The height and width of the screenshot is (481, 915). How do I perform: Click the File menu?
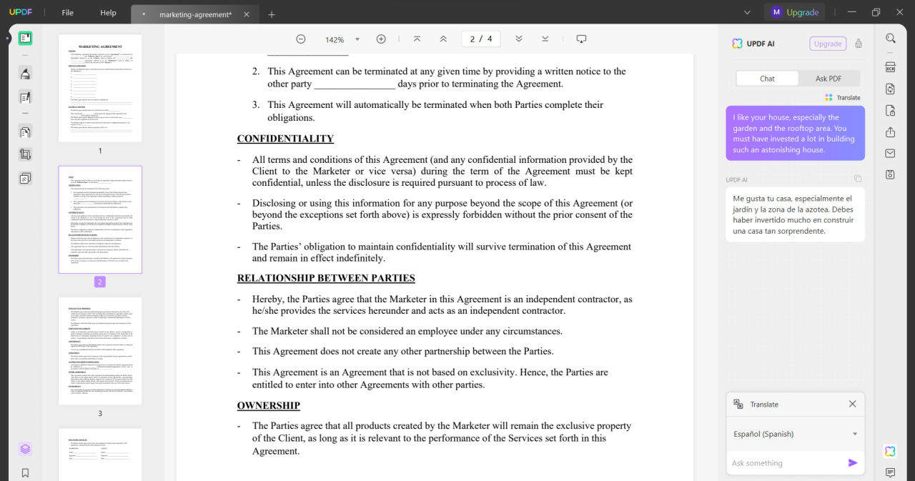pos(67,13)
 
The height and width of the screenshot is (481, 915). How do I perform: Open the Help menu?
pos(108,13)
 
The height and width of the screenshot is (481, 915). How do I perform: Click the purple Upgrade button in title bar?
pos(795,12)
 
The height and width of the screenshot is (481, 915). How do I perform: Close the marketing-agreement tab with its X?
pos(247,14)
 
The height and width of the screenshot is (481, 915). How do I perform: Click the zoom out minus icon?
pos(301,39)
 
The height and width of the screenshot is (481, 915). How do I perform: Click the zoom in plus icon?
pos(381,39)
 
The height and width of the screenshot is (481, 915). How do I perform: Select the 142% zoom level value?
pos(335,40)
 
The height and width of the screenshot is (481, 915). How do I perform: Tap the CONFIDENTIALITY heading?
pos(285,139)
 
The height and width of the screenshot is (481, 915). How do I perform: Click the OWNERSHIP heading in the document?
pos(268,405)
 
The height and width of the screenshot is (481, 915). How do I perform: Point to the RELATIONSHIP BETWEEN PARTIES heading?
pos(326,278)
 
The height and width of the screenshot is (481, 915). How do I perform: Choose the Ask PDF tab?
pos(828,79)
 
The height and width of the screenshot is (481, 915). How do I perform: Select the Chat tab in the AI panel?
pos(767,79)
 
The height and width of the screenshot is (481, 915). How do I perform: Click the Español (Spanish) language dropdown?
pos(795,434)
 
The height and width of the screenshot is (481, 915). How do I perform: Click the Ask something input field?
pos(786,463)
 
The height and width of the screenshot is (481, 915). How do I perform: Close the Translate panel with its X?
pos(852,404)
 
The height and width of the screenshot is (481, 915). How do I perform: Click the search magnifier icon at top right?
pos(890,39)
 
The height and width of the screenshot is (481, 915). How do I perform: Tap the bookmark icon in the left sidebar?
pos(25,472)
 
